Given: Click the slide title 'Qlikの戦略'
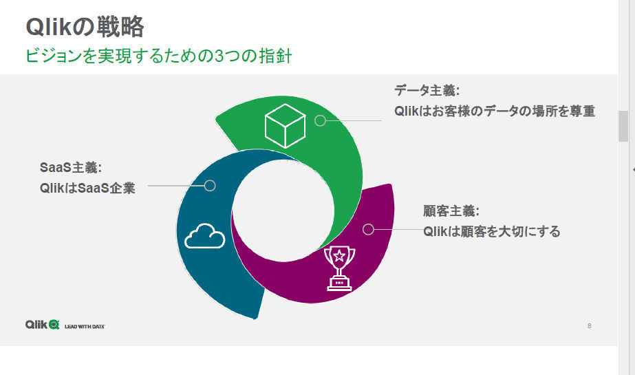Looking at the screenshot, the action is pyautogui.click(x=85, y=27).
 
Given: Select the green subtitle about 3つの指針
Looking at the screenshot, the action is pyautogui.click(x=158, y=56).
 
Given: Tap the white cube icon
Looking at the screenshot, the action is pyautogui.click(x=285, y=125).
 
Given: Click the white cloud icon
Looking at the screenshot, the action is pyautogui.click(x=204, y=236).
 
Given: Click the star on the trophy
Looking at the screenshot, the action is pyautogui.click(x=339, y=255).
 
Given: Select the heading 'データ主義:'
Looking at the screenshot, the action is pyautogui.click(x=427, y=90).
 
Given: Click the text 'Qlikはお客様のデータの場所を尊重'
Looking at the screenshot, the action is pyautogui.click(x=495, y=111).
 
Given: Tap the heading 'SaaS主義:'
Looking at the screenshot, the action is pyautogui.click(x=71, y=167).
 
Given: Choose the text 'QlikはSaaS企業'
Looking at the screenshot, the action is pyautogui.click(x=87, y=188).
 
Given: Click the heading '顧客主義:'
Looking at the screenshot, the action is pyautogui.click(x=451, y=211).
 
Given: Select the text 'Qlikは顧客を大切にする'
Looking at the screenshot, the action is pyautogui.click(x=492, y=231).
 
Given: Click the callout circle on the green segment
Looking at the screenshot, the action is pyautogui.click(x=321, y=120).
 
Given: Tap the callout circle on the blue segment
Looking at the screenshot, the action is pyautogui.click(x=210, y=186).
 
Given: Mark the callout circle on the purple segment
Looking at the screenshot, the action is pyautogui.click(x=368, y=229).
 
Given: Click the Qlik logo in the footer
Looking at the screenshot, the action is pyautogui.click(x=43, y=324).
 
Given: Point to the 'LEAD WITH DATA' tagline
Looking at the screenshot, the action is pyautogui.click(x=85, y=326).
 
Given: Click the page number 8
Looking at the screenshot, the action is pyautogui.click(x=589, y=326).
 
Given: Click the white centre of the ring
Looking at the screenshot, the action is pyautogui.click(x=283, y=211).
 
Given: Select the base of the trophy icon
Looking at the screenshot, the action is pyautogui.click(x=339, y=284).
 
